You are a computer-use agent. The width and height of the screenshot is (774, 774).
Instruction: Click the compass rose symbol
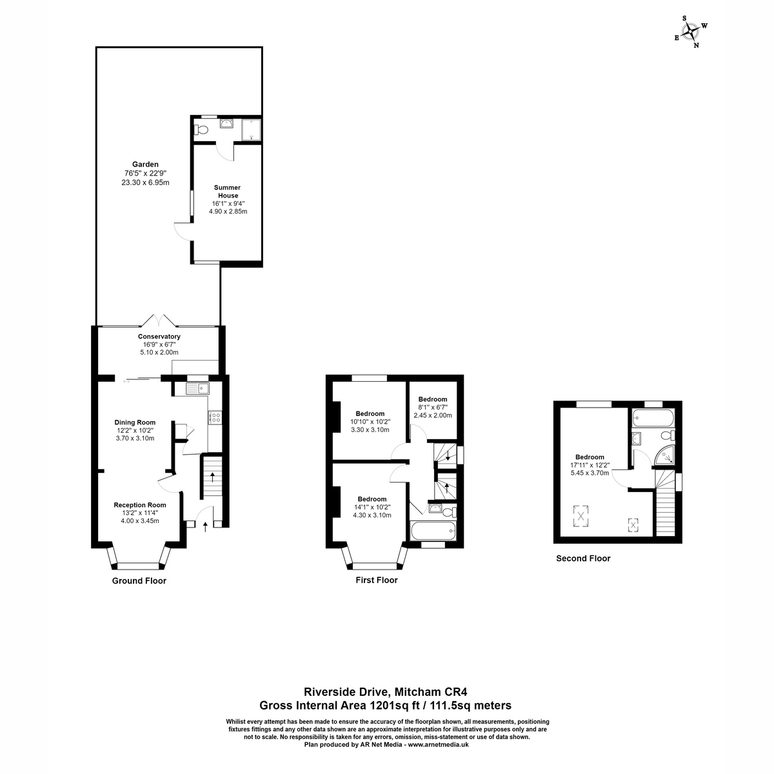pos(691,32)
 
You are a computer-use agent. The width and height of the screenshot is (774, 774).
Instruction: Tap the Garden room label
pos(145,164)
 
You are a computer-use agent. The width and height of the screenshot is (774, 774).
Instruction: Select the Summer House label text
pos(226,192)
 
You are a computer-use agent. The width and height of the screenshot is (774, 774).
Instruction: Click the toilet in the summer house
pos(201,130)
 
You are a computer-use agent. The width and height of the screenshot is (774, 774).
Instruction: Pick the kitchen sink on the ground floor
pos(197,388)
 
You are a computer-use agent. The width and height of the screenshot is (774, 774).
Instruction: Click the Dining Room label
pos(135,423)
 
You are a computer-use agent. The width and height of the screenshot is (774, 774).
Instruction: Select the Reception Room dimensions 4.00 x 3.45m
pos(140,521)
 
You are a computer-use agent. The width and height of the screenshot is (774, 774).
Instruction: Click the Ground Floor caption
pos(139,580)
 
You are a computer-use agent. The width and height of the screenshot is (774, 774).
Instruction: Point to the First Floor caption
pos(377,580)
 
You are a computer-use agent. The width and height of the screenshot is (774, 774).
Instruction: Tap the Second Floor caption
pos(583,559)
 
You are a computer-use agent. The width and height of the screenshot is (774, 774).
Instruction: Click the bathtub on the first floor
pos(433,531)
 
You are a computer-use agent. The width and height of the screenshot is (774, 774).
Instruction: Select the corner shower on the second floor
pos(664,455)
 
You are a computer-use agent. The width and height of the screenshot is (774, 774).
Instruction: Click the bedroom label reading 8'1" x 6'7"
pos(432,408)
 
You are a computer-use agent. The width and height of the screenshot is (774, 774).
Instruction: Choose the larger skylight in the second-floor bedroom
pos(582,515)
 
